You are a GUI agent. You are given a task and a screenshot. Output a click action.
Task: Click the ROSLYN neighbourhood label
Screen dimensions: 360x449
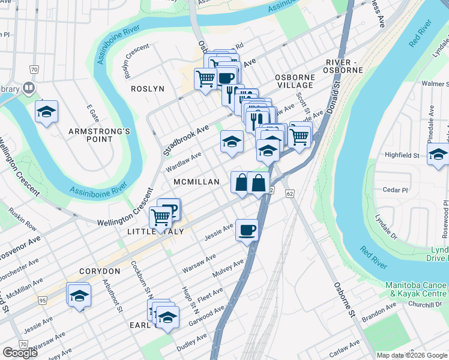147,89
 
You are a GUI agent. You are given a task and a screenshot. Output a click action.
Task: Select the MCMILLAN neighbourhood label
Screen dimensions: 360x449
197,182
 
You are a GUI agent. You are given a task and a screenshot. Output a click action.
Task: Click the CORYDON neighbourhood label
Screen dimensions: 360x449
99,271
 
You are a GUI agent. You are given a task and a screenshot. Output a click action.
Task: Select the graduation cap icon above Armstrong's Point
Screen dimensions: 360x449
46,112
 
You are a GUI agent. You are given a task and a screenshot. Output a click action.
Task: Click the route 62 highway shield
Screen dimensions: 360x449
290,194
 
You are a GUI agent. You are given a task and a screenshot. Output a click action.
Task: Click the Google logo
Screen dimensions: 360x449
20,353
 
